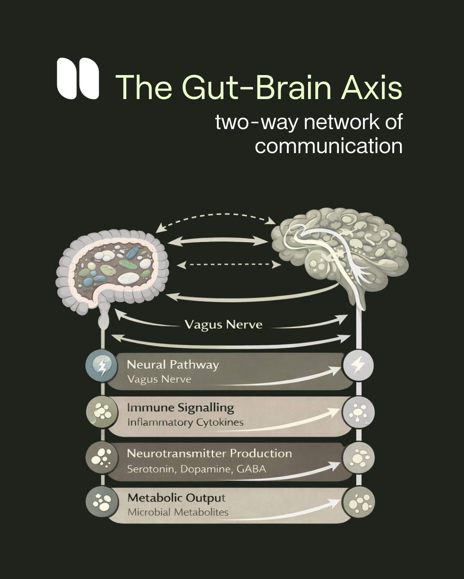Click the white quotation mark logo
(78, 78)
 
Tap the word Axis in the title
(372, 87)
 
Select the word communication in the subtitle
(328, 146)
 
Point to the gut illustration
(113, 270)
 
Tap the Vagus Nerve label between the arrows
(223, 325)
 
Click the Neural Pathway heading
(173, 365)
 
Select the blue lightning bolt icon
(102, 366)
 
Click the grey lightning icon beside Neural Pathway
(358, 365)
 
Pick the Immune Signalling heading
(180, 407)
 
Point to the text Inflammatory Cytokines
(185, 422)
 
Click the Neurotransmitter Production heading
(209, 453)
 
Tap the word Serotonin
(151, 469)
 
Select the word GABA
(251, 469)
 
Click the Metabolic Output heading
(176, 498)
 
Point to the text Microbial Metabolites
(178, 512)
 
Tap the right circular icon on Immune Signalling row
(358, 413)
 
